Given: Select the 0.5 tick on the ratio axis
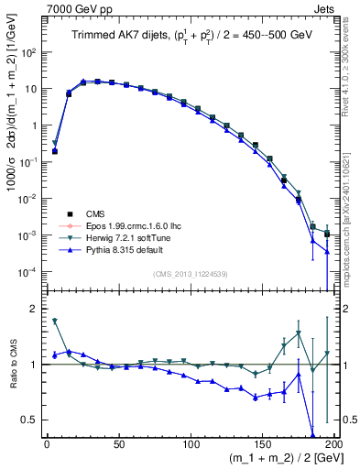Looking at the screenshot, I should click(x=33, y=420).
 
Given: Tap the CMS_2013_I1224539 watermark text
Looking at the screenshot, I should click(x=191, y=273).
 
